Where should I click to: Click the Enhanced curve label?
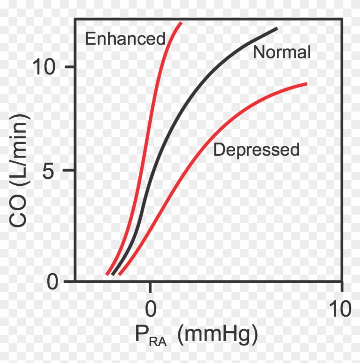click(x=125, y=39)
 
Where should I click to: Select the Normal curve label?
click(x=282, y=52)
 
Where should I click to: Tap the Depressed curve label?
click(x=256, y=150)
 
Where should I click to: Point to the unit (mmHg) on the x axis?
click(x=217, y=336)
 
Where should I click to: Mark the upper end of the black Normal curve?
click(x=277, y=28)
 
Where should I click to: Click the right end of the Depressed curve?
click(x=307, y=84)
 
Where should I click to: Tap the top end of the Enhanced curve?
click(x=181, y=22)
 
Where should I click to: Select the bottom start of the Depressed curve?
click(x=120, y=274)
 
